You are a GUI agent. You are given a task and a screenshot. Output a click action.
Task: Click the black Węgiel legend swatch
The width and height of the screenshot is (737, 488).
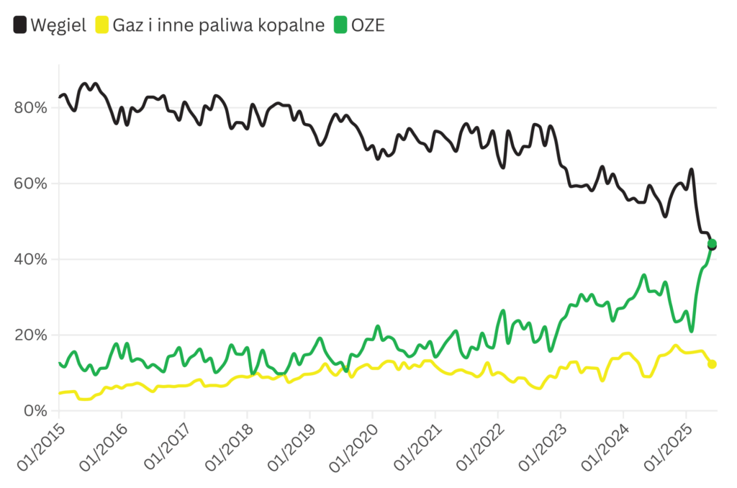click(x=20, y=25)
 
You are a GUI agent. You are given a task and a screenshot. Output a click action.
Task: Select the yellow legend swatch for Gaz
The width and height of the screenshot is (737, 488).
click(x=101, y=25)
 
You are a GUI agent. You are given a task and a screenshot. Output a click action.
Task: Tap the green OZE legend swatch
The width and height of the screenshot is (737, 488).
click(x=340, y=25)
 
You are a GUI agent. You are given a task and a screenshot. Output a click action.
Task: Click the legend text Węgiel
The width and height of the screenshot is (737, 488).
click(x=58, y=25)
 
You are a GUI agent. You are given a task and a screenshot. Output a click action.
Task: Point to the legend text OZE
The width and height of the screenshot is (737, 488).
click(x=368, y=25)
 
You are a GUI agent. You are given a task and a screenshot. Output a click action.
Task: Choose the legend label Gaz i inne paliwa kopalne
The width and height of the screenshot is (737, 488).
click(x=219, y=25)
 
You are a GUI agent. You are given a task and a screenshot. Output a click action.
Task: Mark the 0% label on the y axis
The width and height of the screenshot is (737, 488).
click(x=35, y=411)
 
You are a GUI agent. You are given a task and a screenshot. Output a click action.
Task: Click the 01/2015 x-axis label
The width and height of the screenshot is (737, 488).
click(x=40, y=451)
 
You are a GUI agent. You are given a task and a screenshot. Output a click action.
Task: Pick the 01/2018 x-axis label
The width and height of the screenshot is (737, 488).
click(x=228, y=451)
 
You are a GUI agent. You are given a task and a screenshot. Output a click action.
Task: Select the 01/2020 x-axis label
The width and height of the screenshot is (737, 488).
click(x=353, y=451)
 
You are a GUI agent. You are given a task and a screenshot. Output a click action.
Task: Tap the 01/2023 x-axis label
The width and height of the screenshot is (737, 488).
click(x=542, y=451)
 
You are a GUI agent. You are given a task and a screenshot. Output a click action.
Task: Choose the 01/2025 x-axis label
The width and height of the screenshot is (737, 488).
click(x=667, y=451)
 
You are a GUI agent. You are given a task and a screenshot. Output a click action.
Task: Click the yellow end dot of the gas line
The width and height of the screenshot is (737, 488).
click(x=712, y=364)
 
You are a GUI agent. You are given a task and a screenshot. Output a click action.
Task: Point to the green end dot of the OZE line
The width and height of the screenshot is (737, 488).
click(x=713, y=243)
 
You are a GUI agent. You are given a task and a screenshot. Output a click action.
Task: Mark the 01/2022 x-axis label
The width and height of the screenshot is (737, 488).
click(x=479, y=451)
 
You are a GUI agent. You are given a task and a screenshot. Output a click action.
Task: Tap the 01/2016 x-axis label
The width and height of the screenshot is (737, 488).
click(x=102, y=451)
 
